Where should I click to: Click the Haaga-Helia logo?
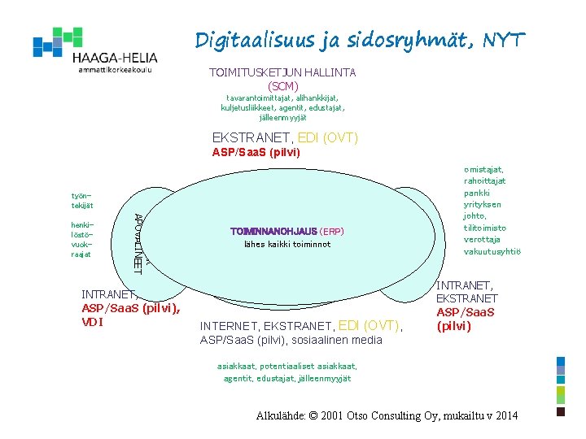coord(94,50)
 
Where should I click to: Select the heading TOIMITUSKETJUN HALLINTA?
coord(282,72)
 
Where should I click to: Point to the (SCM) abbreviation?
coord(282,85)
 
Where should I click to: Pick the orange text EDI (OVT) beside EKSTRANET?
coord(328,138)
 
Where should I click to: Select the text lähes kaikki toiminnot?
coord(287,245)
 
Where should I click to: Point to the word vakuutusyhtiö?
coord(492,252)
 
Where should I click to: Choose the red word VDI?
coord(94,322)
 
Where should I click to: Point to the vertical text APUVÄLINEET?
coord(138,241)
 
